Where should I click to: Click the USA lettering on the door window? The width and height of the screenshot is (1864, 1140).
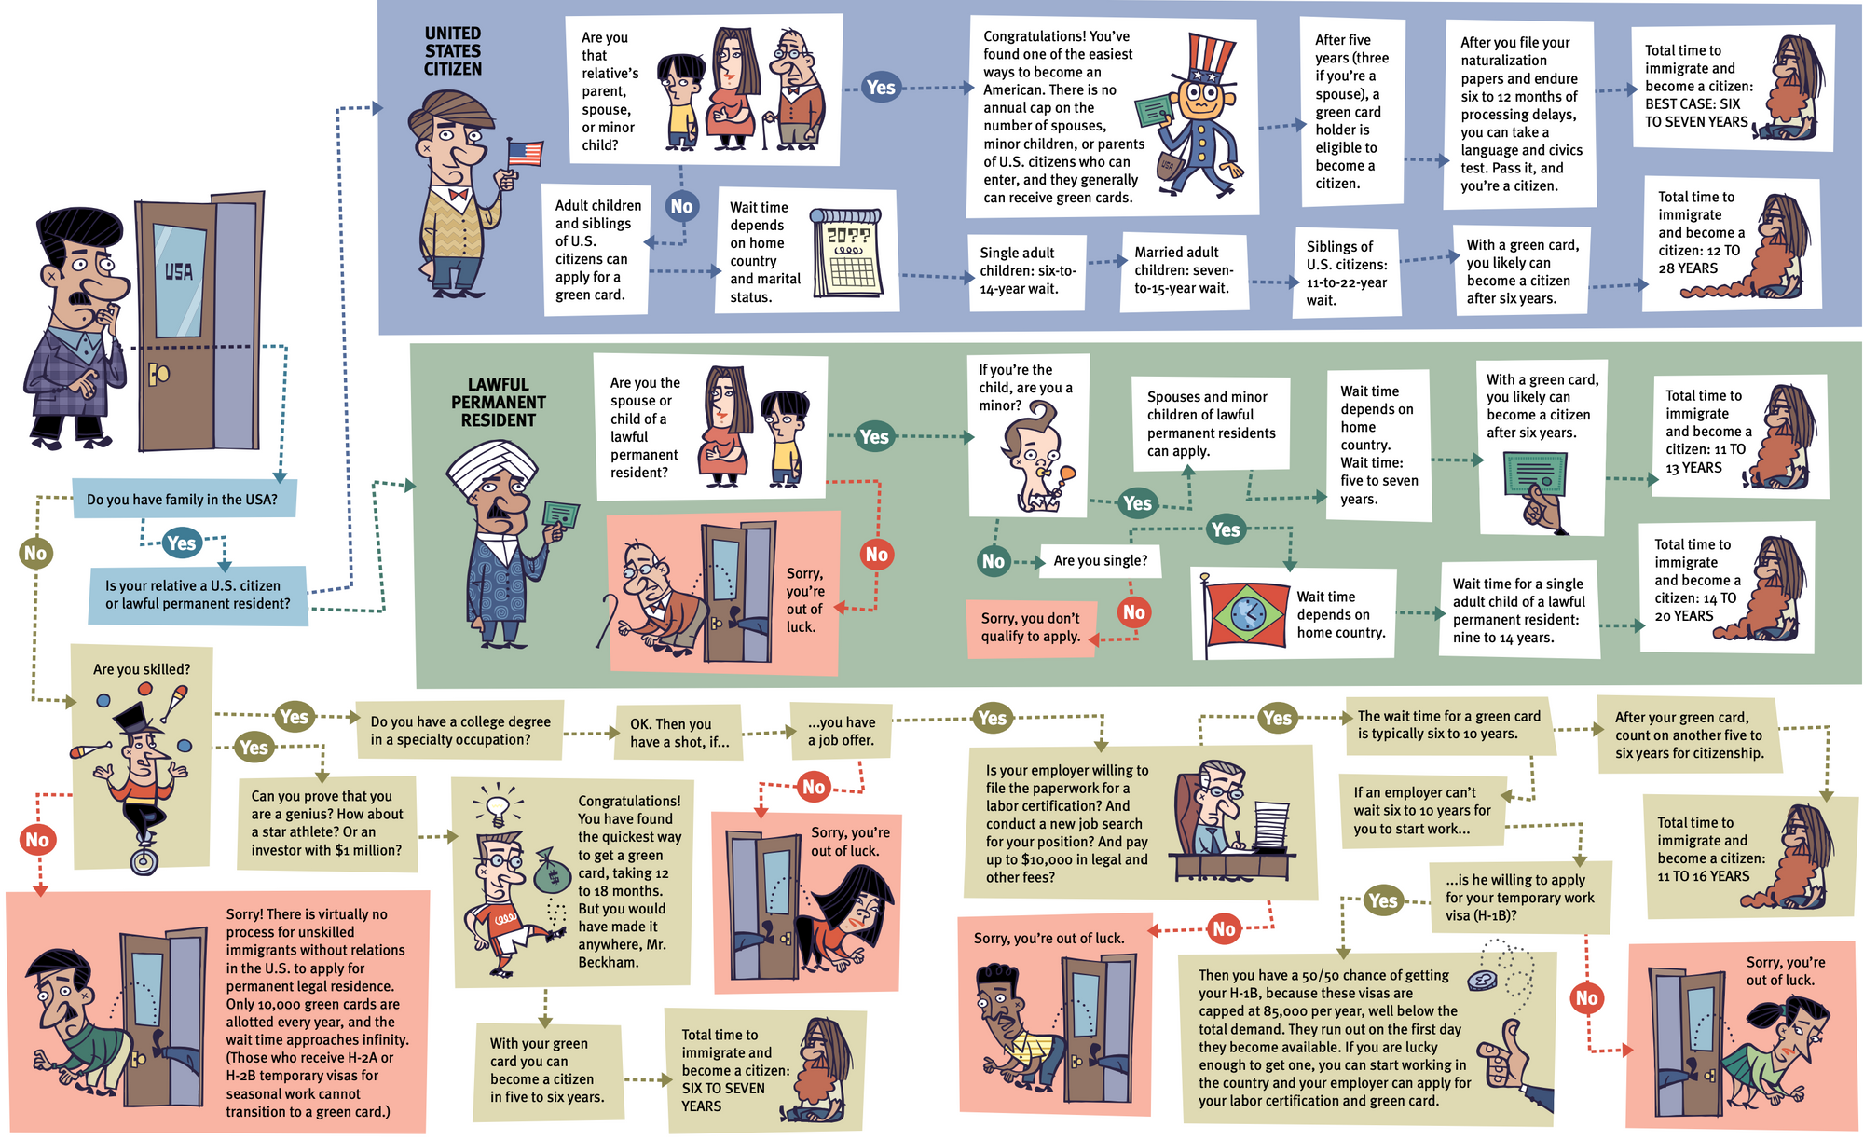click(178, 271)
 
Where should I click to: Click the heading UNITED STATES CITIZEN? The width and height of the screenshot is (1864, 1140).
click(453, 51)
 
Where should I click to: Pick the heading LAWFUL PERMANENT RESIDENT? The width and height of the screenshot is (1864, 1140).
click(499, 403)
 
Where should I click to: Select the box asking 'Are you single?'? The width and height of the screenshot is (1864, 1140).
click(1100, 560)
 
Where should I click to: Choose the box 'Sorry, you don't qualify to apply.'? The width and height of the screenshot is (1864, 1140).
click(1030, 627)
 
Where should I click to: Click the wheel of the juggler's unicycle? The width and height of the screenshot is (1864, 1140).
click(144, 860)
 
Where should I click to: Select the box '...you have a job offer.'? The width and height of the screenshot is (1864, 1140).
click(841, 731)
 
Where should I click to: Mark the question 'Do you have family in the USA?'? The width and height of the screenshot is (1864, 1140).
click(183, 500)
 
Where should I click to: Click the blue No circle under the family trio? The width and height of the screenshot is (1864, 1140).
click(681, 206)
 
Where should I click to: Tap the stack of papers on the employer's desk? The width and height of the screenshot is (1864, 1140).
click(1269, 825)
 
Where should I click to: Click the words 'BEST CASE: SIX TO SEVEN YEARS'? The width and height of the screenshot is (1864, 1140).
click(1695, 113)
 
